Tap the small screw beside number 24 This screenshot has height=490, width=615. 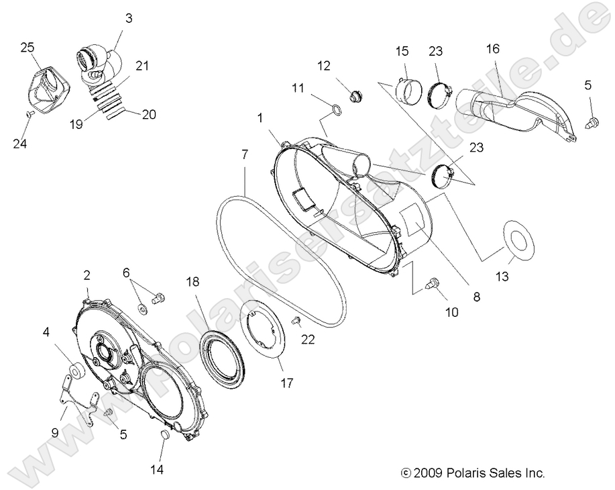pyautogui.click(x=30, y=115)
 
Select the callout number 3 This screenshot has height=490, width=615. pyautogui.click(x=128, y=18)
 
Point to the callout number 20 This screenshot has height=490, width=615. pyautogui.click(x=148, y=115)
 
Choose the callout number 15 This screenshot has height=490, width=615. pyautogui.click(x=402, y=51)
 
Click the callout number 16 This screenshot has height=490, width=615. pyautogui.click(x=493, y=48)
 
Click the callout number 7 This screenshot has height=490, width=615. pyautogui.click(x=245, y=155)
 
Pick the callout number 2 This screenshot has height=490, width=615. pyautogui.click(x=87, y=275)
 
